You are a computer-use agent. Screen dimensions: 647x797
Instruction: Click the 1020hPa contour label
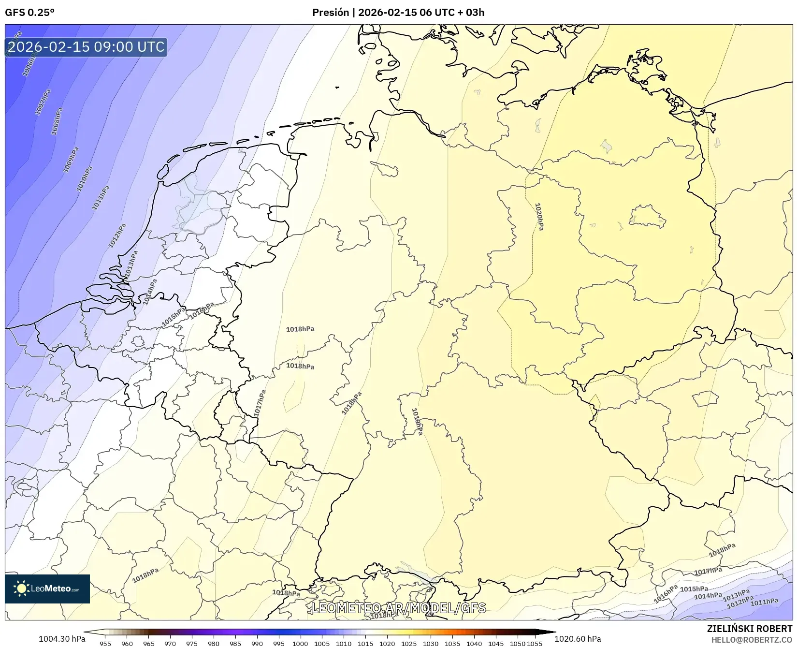(539, 217)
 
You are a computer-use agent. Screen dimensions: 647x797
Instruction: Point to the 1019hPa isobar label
(417, 421)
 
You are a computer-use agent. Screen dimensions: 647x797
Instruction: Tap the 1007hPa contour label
(43, 102)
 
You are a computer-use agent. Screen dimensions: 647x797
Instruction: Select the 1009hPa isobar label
(71, 160)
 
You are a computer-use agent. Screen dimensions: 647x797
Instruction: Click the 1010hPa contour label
(84, 178)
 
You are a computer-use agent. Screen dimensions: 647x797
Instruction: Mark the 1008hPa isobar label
(57, 121)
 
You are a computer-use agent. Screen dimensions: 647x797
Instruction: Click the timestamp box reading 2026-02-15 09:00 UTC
(86, 47)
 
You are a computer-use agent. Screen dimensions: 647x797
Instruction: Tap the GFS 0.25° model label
(29, 13)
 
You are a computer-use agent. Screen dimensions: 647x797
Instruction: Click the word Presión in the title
(330, 13)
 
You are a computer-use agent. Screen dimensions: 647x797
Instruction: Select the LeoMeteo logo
(47, 588)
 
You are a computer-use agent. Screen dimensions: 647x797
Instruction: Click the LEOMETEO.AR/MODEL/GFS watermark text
(398, 608)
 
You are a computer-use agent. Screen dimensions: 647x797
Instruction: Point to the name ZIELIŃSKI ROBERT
(749, 629)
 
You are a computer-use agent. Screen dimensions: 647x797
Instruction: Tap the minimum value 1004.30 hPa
(62, 639)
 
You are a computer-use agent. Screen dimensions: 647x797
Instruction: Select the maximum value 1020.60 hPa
(578, 639)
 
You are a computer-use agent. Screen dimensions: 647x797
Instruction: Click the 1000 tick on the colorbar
(300, 643)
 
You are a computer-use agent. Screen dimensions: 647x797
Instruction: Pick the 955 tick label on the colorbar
(105, 643)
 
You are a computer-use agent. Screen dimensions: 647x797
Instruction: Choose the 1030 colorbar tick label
(430, 643)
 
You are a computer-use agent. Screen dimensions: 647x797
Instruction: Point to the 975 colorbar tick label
(192, 643)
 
